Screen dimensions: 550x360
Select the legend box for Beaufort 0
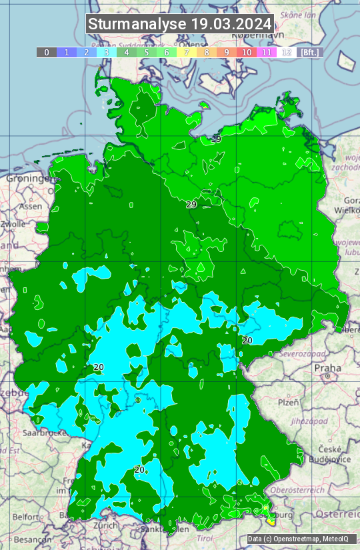46,52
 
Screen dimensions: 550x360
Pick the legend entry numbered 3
107,52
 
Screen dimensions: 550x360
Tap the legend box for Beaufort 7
187,52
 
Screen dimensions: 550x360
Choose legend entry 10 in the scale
247,52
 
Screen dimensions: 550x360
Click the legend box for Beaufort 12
287,52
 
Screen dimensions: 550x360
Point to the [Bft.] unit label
309,52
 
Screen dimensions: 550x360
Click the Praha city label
327,367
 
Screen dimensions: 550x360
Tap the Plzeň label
288,403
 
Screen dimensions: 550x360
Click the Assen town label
30,207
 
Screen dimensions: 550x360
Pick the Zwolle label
12,224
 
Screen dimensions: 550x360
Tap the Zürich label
105,525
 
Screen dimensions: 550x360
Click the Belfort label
25,517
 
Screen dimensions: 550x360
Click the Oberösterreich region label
323,490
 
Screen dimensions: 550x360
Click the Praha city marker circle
328,377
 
